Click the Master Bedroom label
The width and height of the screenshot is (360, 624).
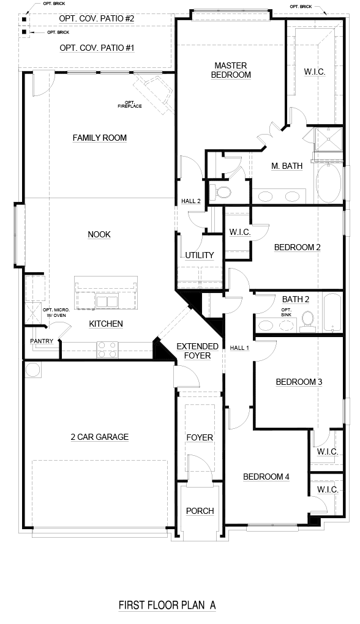coord(231,70)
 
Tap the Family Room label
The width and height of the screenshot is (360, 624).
coord(100,138)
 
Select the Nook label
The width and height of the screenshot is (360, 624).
coord(99,234)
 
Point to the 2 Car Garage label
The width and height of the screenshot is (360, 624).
coord(100,437)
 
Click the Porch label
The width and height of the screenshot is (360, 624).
coord(200,511)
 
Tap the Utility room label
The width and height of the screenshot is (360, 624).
coord(200,255)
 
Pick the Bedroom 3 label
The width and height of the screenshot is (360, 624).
coord(299,382)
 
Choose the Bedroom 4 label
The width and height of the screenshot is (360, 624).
coord(266,477)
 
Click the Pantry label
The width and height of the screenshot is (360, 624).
coord(42,341)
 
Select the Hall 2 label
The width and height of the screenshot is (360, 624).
coord(191,201)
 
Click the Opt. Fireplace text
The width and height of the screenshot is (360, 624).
coord(130,104)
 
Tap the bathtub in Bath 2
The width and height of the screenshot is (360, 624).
coord(332,313)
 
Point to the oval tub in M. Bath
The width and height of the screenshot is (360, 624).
coord(329,184)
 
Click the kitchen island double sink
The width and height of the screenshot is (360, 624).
coord(107,301)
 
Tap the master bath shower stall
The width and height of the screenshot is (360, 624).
coord(329,139)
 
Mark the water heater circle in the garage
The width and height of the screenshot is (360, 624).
coord(32,370)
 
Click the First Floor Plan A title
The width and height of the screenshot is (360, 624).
coord(167,605)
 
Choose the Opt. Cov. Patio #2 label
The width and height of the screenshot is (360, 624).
coord(97,19)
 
